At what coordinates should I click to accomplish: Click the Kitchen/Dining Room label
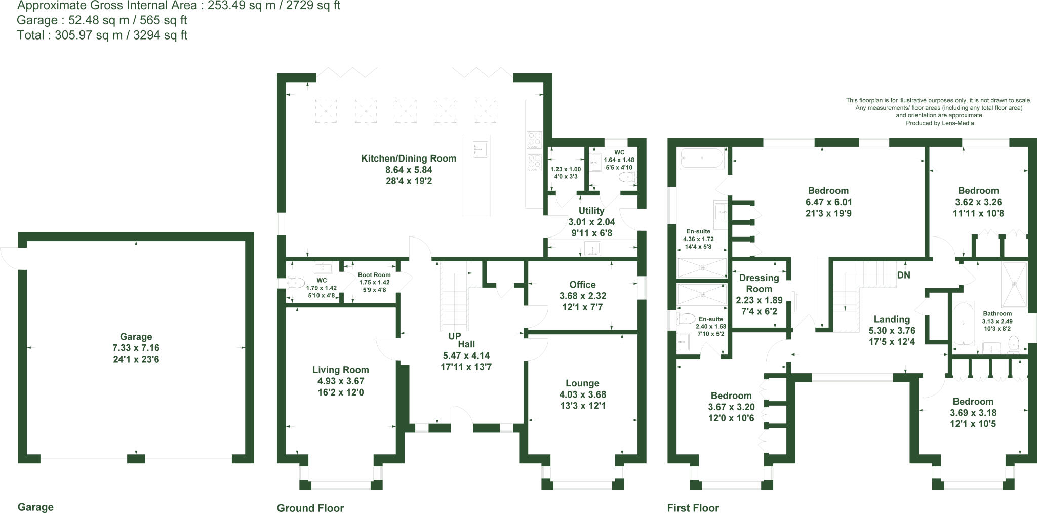(408, 159)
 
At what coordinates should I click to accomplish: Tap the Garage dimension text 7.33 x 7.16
(136, 348)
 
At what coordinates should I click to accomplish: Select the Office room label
(582, 285)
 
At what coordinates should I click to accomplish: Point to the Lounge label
(582, 383)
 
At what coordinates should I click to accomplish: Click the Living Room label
(340, 370)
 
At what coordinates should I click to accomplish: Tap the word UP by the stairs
(454, 336)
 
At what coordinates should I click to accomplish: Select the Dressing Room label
(759, 283)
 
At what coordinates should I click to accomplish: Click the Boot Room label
(374, 275)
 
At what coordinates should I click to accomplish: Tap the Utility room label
(591, 211)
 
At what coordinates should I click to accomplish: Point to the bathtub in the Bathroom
(963, 324)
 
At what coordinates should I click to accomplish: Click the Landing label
(892, 320)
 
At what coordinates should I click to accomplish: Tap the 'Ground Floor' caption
(310, 508)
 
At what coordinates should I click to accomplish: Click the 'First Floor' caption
(693, 508)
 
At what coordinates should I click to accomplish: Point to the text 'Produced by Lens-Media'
(939, 123)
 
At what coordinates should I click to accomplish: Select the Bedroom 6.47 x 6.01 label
(828, 191)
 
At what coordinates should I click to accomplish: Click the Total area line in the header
(102, 35)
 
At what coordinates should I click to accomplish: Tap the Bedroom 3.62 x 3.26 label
(978, 191)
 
